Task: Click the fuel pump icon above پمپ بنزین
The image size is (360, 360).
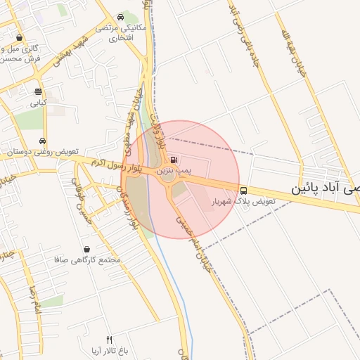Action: point(174,160)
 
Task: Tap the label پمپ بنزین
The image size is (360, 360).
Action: point(173,170)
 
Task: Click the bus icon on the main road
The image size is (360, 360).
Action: point(243,190)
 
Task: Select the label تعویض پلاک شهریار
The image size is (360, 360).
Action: point(244,202)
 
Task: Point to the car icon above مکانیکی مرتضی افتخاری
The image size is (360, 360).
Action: point(121,17)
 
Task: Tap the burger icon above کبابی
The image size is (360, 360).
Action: point(38,91)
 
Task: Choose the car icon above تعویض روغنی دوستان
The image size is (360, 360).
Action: point(44,141)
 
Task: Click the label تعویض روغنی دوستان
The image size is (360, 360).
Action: point(44,152)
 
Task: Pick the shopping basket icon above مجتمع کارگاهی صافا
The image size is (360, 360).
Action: point(86,249)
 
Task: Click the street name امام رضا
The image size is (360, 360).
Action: point(32,300)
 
